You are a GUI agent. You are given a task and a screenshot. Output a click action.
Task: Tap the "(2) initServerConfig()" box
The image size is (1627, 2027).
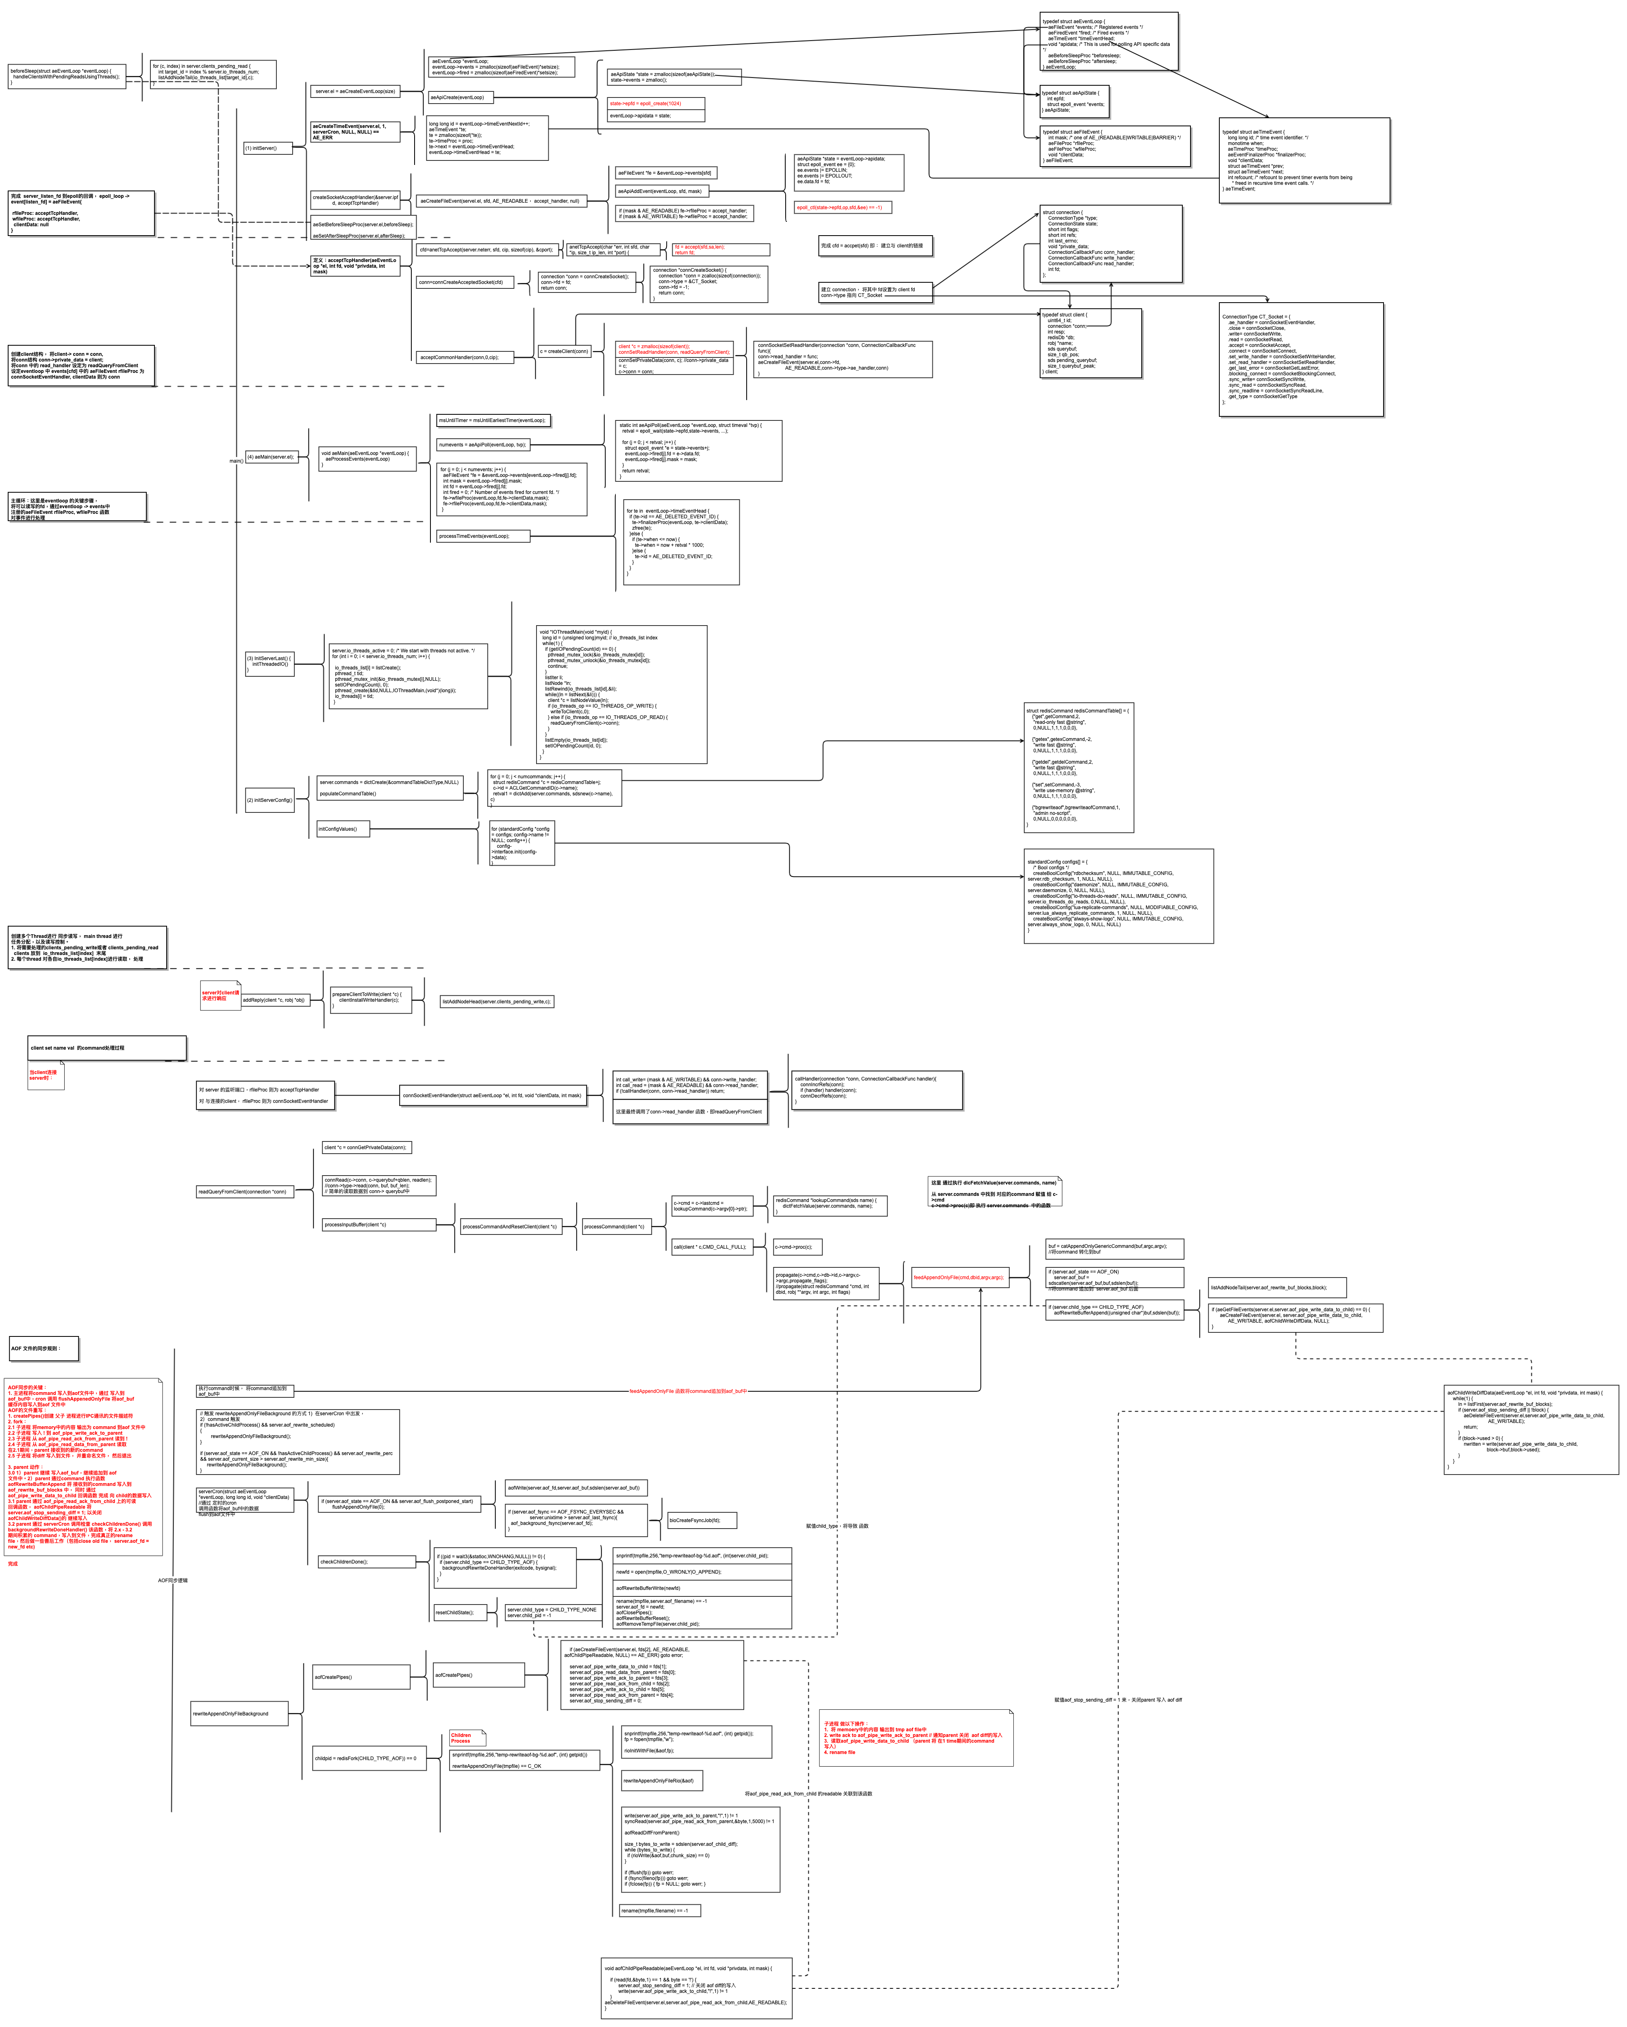269,800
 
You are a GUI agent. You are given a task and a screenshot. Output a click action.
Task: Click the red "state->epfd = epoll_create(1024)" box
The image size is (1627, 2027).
656,104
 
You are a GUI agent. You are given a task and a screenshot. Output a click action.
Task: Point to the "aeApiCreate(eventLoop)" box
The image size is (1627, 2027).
460,97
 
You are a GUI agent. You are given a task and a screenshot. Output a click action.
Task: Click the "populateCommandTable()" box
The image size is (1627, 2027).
389,793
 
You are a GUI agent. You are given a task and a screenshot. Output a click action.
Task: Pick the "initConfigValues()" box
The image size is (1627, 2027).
342,828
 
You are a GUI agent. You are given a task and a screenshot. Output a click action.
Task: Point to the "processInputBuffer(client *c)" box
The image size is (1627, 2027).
378,1224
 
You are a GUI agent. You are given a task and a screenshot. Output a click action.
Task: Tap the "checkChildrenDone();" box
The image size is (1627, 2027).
367,1561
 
